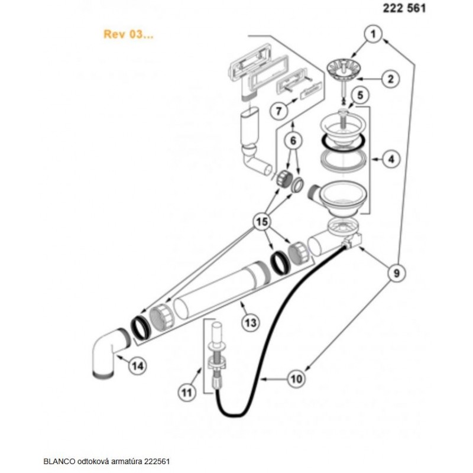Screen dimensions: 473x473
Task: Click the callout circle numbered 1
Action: click(x=372, y=35)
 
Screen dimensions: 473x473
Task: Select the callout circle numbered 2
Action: click(x=391, y=78)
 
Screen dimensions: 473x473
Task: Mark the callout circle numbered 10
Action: click(x=296, y=377)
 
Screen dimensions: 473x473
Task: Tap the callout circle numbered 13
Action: click(x=251, y=322)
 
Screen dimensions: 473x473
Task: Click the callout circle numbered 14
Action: click(x=137, y=366)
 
